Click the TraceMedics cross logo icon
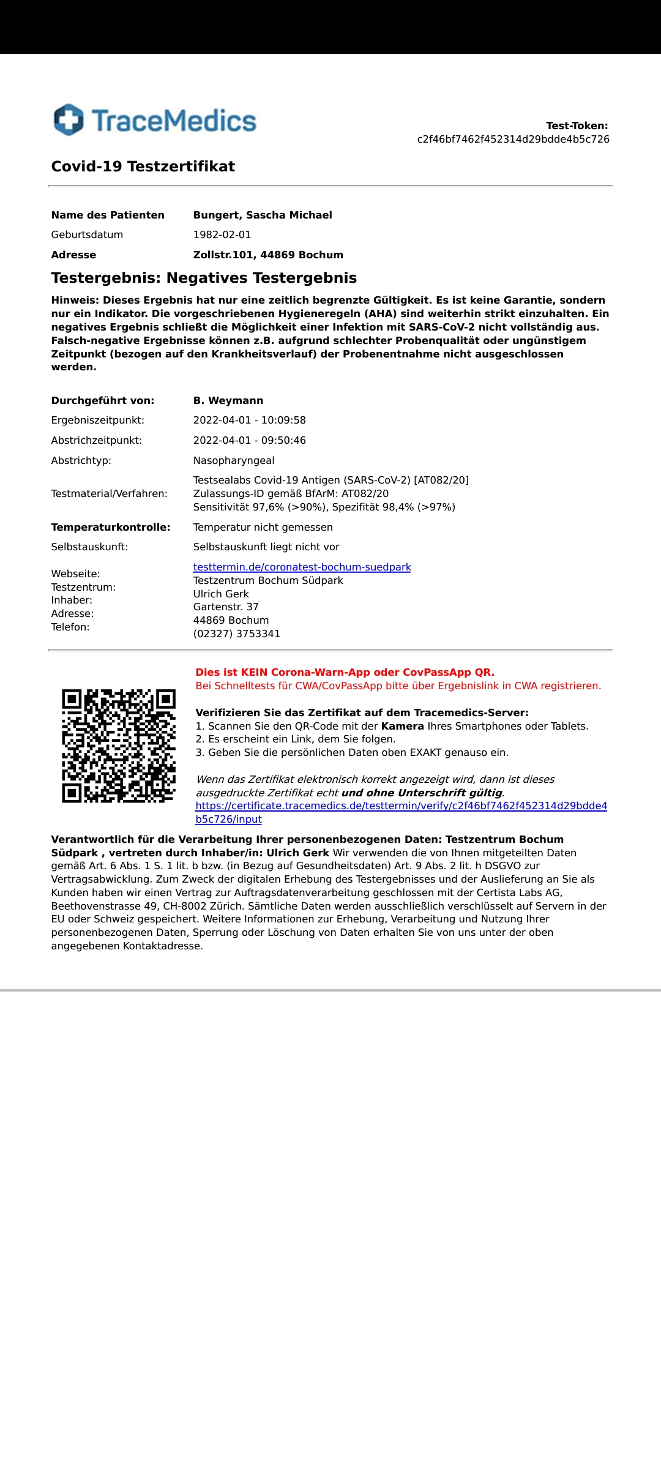pos(69,120)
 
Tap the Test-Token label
pos(577,125)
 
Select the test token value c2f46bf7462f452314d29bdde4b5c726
pos(513,139)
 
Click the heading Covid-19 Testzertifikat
pos(143,166)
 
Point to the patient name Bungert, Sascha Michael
pos(263,215)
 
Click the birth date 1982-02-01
pos(222,234)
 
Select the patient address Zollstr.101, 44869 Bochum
pos(268,255)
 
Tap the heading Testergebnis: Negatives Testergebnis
pos(204,278)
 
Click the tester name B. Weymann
pos(228,400)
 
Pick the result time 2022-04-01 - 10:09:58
pos(249,420)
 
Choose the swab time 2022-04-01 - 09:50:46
pos(249,440)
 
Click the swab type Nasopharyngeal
pos(234,460)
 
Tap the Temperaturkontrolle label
pos(111,527)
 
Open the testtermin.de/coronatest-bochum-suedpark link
pos(302,567)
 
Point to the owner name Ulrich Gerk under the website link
pos(221,594)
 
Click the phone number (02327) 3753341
pos(236,634)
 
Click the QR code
pos(119,746)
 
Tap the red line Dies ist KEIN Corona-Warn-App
pos(345,672)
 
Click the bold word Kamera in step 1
pos(402,726)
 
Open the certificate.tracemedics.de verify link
pos(401,806)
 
